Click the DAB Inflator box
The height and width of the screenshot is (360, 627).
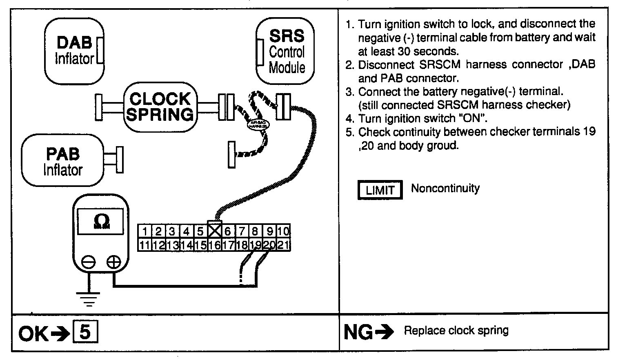click(x=73, y=51)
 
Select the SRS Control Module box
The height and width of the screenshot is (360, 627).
click(x=286, y=51)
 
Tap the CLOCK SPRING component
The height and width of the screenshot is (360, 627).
click(x=160, y=107)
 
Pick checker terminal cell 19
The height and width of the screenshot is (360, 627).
click(x=256, y=245)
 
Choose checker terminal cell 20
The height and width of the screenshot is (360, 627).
click(x=269, y=245)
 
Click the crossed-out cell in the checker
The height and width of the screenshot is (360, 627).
click(x=214, y=231)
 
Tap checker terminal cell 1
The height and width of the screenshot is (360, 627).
click(x=145, y=231)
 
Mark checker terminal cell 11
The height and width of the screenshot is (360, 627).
click(x=144, y=245)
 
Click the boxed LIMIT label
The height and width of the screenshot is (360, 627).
click(x=380, y=190)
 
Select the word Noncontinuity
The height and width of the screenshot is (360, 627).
click(x=445, y=188)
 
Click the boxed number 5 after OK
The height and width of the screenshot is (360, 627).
click(x=84, y=333)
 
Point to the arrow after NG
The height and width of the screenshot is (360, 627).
click(x=384, y=332)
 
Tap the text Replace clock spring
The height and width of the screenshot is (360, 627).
click(x=456, y=330)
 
